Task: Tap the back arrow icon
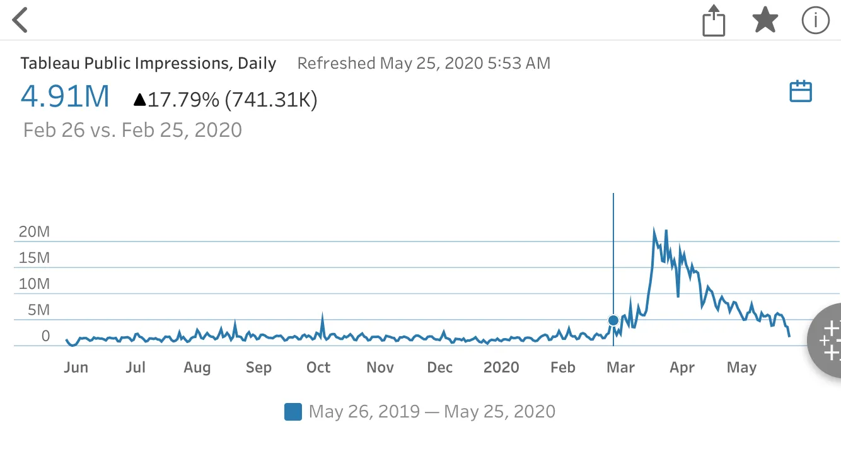point(21,20)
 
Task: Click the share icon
point(714,21)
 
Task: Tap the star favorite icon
point(765,20)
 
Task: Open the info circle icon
point(815,20)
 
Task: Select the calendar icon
point(801,91)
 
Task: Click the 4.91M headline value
point(65,96)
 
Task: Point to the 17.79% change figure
point(183,99)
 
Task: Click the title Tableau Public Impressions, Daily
point(148,63)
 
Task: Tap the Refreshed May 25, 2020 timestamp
point(424,63)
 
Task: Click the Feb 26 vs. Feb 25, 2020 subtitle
point(132,130)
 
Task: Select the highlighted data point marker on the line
point(613,320)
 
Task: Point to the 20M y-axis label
point(34,231)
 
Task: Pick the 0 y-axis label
point(45,336)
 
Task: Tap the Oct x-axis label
point(318,367)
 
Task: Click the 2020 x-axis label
point(501,367)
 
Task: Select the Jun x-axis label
point(76,367)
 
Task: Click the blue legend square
point(293,412)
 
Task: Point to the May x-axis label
point(741,367)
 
